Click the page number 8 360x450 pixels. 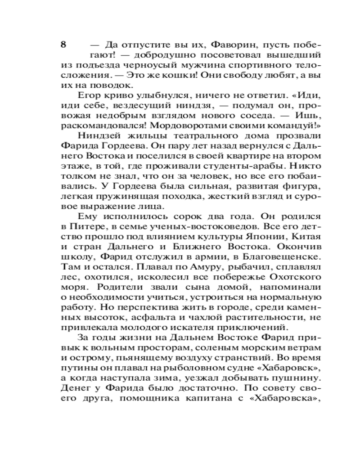[x=64, y=45]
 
